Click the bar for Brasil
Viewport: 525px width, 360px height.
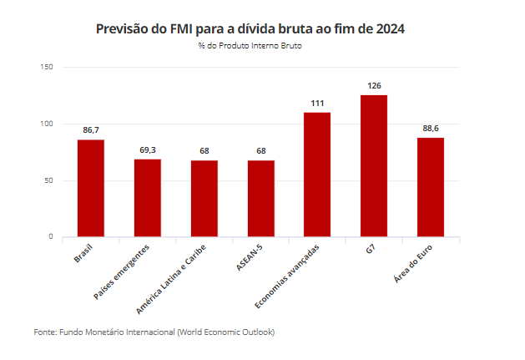tap(91, 188)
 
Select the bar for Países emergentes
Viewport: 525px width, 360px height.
tap(148, 198)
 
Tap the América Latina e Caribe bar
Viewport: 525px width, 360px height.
tap(204, 199)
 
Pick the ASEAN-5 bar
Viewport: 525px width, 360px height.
tap(260, 199)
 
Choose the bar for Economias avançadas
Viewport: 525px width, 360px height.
tap(317, 175)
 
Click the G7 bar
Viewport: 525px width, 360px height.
tap(374, 166)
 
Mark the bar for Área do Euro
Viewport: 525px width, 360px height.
tap(431, 187)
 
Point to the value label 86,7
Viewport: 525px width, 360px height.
tap(91, 130)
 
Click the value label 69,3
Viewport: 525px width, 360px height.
tap(148, 150)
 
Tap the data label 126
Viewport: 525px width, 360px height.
tap(374, 86)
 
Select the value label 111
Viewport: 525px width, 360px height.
tap(317, 103)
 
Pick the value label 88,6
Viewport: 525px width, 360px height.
tap(431, 129)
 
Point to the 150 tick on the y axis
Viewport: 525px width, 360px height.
tap(47, 67)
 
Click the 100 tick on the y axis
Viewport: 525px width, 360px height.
tap(47, 124)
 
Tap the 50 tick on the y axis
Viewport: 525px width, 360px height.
tap(48, 180)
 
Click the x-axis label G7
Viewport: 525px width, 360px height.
tap(369, 250)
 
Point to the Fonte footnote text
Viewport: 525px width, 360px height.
tap(154, 332)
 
